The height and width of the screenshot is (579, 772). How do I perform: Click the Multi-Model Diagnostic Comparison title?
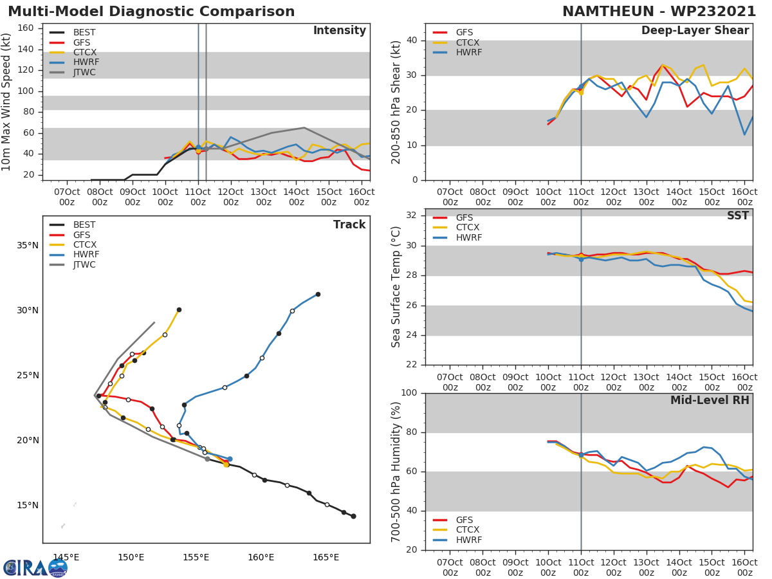(151, 12)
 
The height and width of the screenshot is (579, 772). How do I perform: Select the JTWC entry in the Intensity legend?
(84, 73)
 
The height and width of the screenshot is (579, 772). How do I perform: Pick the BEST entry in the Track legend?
(84, 225)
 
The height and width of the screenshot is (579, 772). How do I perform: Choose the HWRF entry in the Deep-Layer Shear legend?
(468, 53)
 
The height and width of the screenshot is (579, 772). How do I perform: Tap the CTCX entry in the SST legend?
(468, 228)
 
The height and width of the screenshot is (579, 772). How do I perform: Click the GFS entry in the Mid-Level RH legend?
(464, 520)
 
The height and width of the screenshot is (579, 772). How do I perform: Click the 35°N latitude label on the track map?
(28, 246)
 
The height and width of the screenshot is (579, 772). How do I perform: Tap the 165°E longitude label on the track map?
(326, 557)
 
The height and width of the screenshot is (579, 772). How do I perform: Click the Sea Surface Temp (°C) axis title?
(397, 287)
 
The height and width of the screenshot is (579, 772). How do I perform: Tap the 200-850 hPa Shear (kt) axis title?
(397, 102)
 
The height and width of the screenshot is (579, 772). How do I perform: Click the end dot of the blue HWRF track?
(318, 294)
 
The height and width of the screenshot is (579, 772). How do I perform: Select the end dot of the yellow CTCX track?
(179, 309)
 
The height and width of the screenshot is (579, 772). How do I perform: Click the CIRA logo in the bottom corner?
(35, 567)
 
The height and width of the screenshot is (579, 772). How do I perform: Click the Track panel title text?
(349, 225)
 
